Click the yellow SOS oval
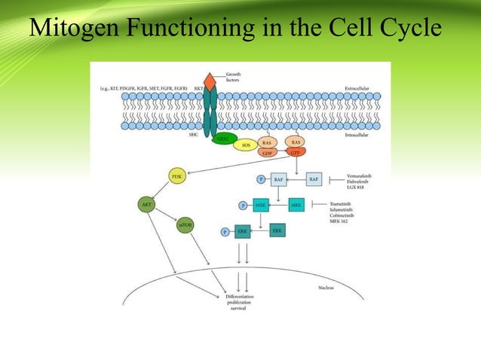tap(246, 144)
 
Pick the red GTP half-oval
tap(296, 153)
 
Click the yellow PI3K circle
tap(178, 177)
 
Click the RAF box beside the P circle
tap(280, 180)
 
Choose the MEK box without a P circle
tap(296, 205)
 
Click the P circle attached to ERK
tap(225, 233)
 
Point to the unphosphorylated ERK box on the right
tap(277, 230)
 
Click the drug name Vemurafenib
tap(359, 175)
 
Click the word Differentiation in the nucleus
tap(239, 297)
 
